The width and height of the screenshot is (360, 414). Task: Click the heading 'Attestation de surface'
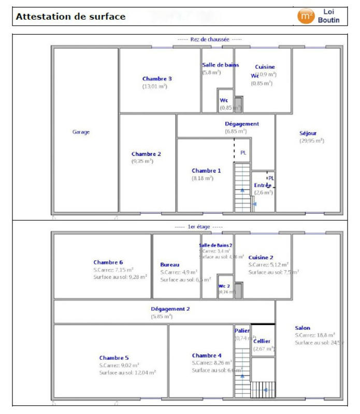[71, 17]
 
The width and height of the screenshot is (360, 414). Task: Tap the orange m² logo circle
[306, 16]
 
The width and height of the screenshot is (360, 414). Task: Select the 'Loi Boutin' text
[332, 16]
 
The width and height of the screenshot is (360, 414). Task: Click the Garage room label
[81, 132]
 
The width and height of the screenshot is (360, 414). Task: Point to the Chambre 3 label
[157, 79]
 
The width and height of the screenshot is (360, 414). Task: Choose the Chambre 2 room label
[146, 154]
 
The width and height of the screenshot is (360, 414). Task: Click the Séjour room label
[308, 133]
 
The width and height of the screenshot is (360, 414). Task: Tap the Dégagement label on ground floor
[241, 124]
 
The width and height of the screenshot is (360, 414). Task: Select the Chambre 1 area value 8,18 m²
[203, 178]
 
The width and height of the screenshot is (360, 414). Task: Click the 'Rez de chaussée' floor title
[209, 39]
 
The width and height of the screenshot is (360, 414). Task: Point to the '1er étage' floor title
[198, 227]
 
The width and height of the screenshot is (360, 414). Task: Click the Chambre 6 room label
[108, 262]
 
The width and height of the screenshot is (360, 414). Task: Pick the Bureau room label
[169, 264]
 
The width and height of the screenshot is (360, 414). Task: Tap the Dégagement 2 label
[170, 308]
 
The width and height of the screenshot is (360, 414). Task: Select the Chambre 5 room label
[114, 358]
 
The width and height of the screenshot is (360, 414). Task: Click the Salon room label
[303, 328]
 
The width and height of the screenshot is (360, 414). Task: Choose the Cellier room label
[262, 341]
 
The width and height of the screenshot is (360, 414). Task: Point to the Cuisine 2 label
[261, 257]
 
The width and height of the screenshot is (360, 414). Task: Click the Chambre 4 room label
[207, 356]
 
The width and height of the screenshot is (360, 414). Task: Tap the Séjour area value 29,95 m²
[312, 140]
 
